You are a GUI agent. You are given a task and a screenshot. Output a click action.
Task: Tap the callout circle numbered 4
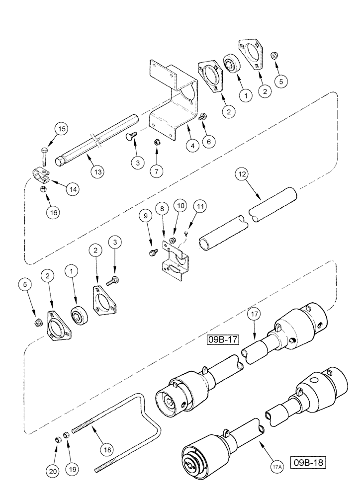click(191, 147)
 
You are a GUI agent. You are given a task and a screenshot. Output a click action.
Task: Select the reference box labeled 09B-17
click(224, 340)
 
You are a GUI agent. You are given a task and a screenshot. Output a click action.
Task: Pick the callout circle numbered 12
click(241, 174)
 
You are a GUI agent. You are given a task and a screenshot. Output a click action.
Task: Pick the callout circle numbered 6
click(208, 141)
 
